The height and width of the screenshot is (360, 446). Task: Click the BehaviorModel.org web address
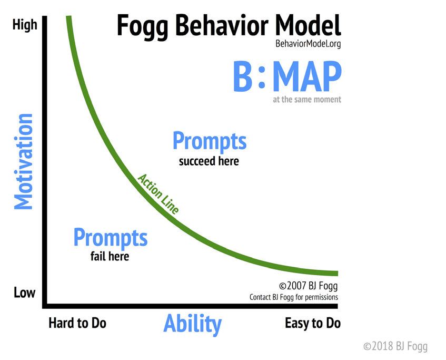coord(308,44)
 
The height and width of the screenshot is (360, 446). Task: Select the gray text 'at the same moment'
coord(307,99)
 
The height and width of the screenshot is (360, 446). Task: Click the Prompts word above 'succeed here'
coord(209,141)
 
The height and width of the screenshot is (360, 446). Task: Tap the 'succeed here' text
coord(209,161)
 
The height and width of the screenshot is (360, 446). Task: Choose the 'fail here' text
coord(110,257)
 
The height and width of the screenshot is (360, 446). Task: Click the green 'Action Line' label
coord(158,193)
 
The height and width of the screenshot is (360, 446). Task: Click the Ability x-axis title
coord(192,324)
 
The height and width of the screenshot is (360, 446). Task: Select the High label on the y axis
coord(25,24)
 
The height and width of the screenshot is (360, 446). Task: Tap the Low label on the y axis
coord(24,293)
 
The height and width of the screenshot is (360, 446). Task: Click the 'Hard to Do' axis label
coord(77,323)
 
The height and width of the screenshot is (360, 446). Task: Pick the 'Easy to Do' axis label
coord(313,323)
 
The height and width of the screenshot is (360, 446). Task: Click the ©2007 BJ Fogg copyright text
coord(309,286)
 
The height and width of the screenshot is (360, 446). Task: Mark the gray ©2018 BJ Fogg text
coord(395,346)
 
